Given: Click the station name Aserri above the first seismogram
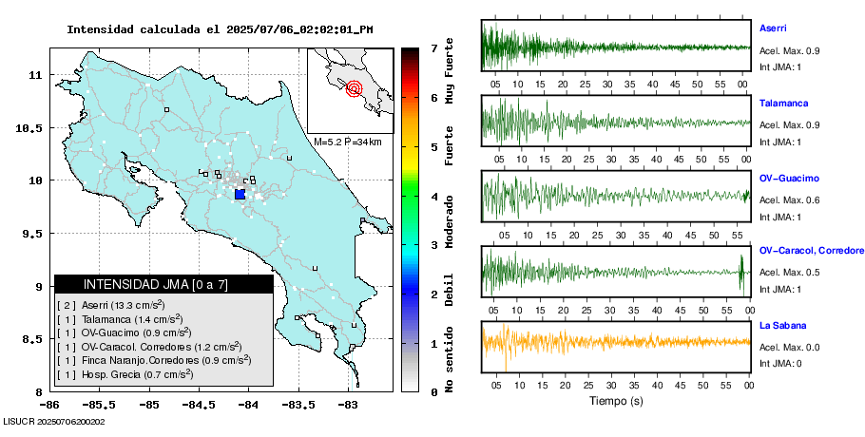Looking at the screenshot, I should (x=773, y=28).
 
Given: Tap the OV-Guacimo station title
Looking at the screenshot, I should (x=789, y=178).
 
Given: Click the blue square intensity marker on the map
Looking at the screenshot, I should (x=240, y=194).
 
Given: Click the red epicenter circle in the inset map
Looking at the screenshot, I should (x=355, y=89).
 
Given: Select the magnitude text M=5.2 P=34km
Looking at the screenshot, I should (x=347, y=142).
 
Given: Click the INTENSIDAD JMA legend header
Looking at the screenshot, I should (x=163, y=284).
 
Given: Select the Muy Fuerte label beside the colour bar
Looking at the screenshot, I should (x=449, y=68).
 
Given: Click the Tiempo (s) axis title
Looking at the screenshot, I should (x=616, y=402).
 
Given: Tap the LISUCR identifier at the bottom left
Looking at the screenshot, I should (x=53, y=421).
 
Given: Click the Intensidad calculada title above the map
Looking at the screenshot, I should (x=220, y=29).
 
